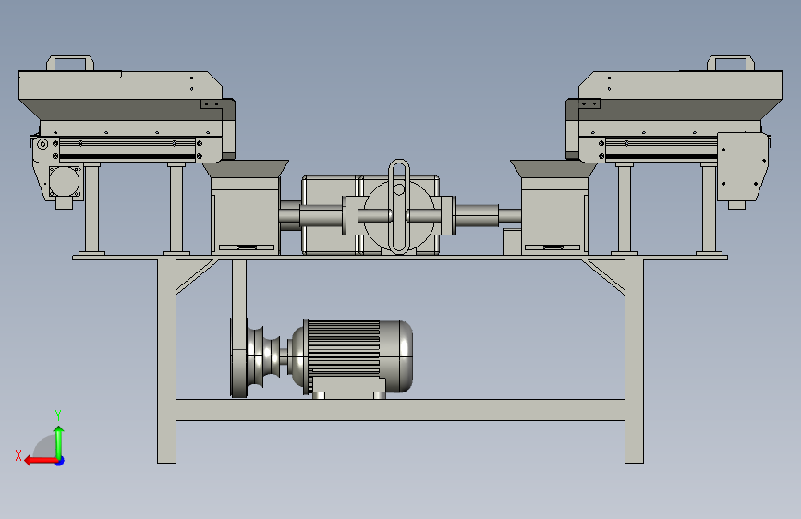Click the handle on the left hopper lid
tap(70, 58)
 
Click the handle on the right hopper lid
tap(731, 58)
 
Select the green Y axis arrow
tap(59, 443)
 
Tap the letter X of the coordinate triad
tap(18, 455)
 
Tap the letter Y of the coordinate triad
tap(58, 415)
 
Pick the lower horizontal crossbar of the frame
tap(400, 410)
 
